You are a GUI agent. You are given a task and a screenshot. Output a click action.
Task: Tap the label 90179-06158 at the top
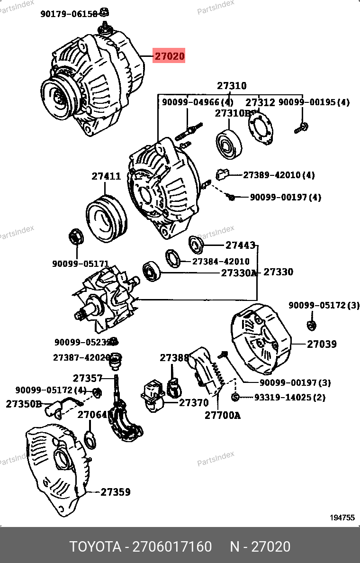click(x=69, y=14)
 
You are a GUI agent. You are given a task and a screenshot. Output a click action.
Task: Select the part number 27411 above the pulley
click(x=106, y=176)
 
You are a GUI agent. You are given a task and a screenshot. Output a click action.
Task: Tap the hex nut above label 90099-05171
click(x=76, y=236)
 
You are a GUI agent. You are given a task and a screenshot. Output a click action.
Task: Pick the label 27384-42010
click(x=221, y=262)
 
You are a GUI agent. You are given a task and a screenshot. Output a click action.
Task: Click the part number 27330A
click(x=239, y=273)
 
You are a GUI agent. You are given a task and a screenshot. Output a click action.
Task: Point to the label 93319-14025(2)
click(x=289, y=397)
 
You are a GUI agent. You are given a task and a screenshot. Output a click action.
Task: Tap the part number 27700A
click(x=223, y=416)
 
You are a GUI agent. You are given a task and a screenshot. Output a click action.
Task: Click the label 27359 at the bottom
click(x=115, y=492)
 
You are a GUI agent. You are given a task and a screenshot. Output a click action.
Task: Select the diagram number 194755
click(x=342, y=518)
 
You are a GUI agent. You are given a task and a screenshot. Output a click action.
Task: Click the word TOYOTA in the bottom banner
click(x=95, y=546)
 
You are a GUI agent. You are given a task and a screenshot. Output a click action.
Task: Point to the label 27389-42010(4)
click(x=279, y=175)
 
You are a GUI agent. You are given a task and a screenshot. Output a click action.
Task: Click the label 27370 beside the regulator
click(x=194, y=403)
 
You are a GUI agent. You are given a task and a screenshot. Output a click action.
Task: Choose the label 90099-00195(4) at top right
click(x=314, y=102)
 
